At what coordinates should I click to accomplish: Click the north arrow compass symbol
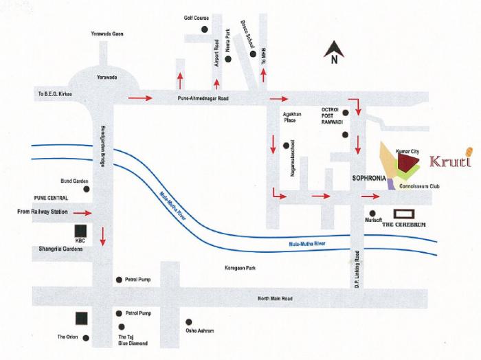(x=334, y=52)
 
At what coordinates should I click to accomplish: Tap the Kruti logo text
(x=450, y=160)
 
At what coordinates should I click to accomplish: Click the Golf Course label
(x=197, y=18)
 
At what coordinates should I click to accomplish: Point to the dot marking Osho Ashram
(x=189, y=322)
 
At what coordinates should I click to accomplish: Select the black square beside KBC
(x=80, y=230)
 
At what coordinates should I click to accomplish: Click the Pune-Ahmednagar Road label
(x=203, y=98)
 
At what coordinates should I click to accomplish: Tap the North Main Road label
(x=275, y=298)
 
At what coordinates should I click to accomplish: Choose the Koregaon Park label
(x=240, y=268)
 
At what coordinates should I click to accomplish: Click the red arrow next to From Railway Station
(x=82, y=213)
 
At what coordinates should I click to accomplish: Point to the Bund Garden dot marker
(x=87, y=189)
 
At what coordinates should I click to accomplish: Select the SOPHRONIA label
(x=369, y=178)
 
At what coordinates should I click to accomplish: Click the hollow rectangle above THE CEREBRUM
(x=404, y=214)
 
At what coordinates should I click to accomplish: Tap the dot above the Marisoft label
(x=372, y=214)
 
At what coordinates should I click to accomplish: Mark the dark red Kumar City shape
(x=407, y=162)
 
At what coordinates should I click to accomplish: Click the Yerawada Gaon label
(x=107, y=34)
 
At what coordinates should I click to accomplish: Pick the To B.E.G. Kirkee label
(x=55, y=94)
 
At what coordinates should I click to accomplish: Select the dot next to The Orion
(x=86, y=338)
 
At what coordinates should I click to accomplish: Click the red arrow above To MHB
(x=263, y=76)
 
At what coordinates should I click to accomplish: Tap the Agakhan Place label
(x=292, y=117)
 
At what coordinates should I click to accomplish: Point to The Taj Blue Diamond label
(x=133, y=340)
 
